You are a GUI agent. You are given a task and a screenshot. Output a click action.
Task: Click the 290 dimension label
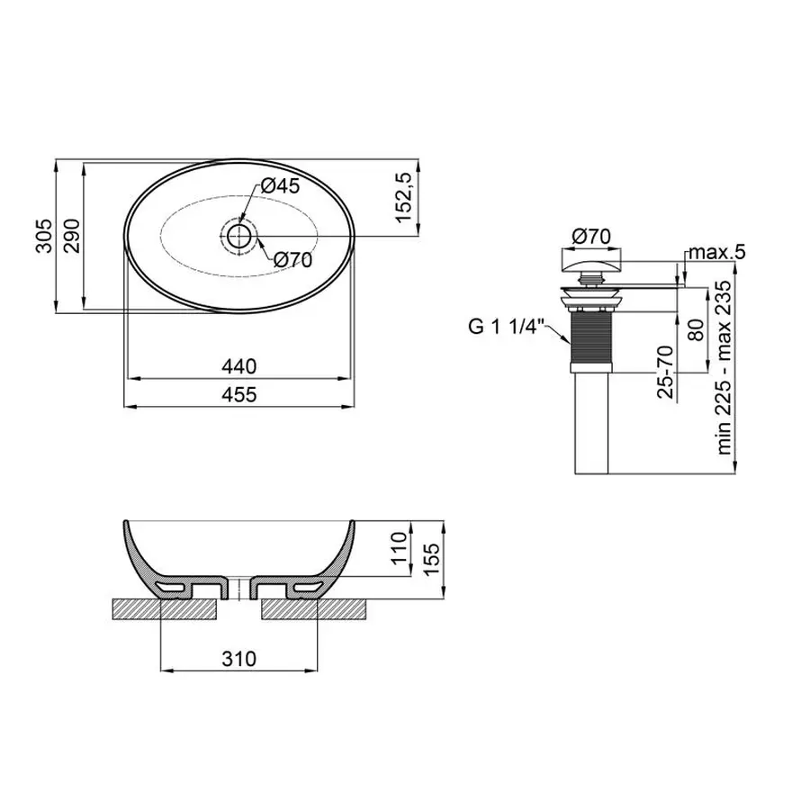click(71, 237)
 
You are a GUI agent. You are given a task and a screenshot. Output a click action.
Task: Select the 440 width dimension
click(238, 366)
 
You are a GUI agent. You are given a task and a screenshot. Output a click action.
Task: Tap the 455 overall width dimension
click(238, 394)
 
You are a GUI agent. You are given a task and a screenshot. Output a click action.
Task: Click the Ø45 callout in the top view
click(279, 186)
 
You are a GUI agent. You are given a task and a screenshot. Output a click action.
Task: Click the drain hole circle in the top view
click(238, 236)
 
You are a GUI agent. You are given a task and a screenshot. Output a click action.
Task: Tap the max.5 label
click(715, 251)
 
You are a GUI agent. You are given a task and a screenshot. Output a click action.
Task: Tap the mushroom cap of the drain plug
click(592, 263)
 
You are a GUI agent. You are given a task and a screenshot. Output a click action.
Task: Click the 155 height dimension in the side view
click(432, 562)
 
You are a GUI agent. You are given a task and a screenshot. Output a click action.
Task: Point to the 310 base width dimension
click(238, 659)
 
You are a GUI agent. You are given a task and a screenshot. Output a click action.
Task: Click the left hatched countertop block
click(165, 609)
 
